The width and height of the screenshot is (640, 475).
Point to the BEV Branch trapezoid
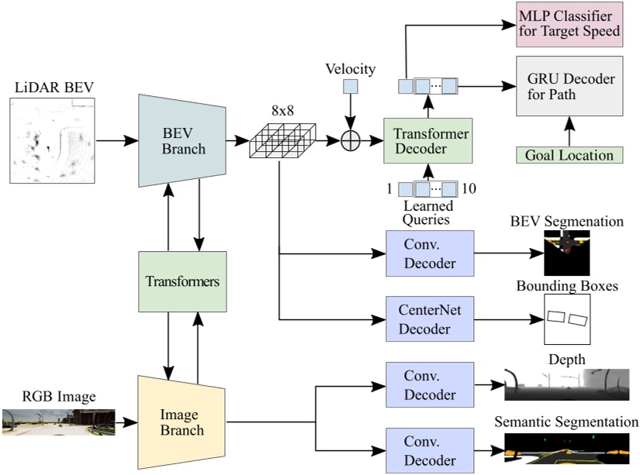coord(182,140)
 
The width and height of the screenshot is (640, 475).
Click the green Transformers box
coord(182,281)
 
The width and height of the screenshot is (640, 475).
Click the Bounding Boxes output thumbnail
coord(566,320)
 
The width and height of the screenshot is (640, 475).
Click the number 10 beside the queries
coord(469,188)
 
